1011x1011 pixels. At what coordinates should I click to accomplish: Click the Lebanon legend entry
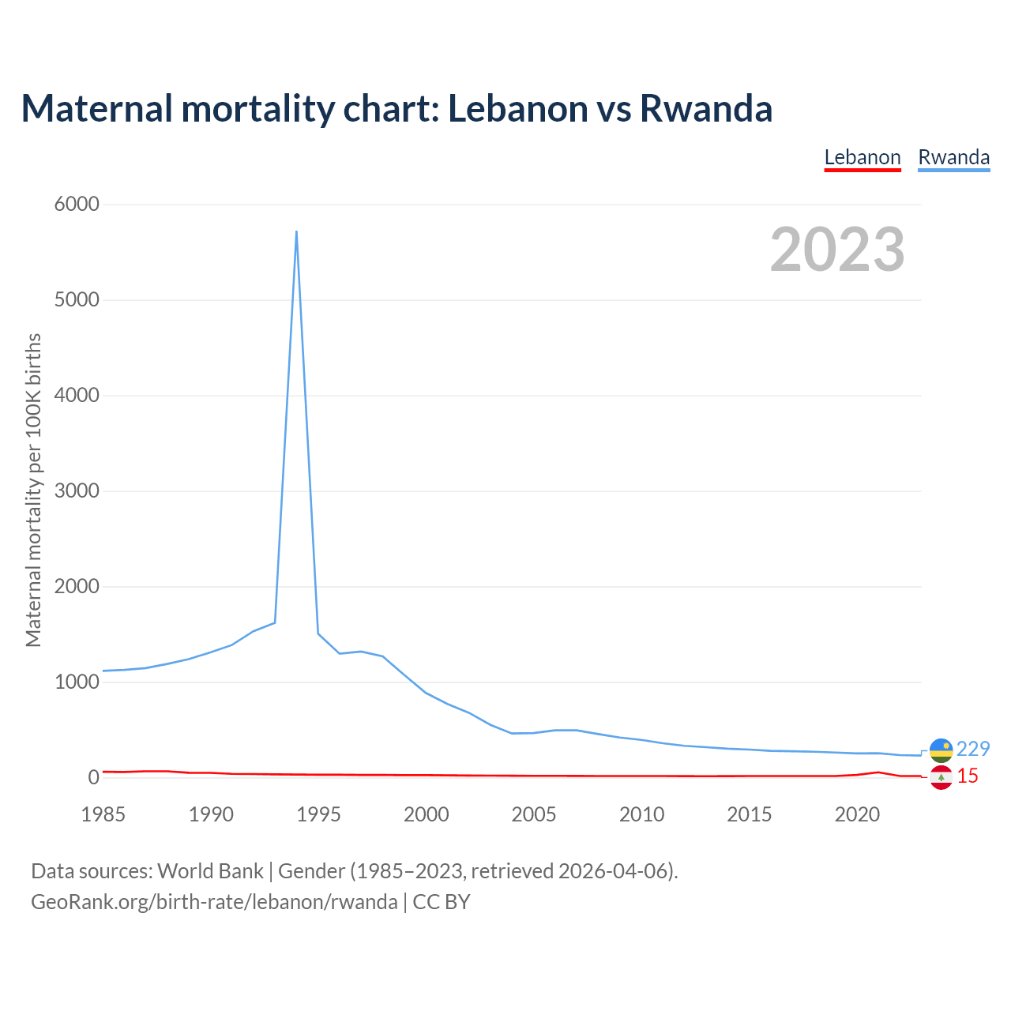coord(863,157)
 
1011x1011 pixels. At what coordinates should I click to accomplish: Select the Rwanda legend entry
coord(953,157)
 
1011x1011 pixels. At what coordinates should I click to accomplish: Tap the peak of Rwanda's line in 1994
coord(296,231)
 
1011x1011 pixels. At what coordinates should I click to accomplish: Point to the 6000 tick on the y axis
coord(77,205)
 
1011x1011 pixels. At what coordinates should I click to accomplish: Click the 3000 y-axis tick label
coord(77,491)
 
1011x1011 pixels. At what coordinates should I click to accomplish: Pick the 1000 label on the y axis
coord(77,682)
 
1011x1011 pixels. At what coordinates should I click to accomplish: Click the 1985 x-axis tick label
coord(103,814)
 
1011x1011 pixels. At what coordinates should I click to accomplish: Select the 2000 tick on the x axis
coord(427,814)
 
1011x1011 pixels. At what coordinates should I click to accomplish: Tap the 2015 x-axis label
coord(750,814)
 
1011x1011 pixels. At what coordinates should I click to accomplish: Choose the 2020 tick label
coord(857,814)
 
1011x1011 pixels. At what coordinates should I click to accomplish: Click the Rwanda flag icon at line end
coord(941,750)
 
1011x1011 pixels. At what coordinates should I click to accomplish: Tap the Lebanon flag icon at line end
coord(941,778)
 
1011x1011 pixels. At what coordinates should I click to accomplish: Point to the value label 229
coord(973,749)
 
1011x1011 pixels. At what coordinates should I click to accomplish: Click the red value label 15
coord(968,776)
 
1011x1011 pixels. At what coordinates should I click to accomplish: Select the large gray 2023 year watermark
coord(837,250)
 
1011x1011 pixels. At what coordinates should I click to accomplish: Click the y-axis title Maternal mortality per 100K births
coord(33,490)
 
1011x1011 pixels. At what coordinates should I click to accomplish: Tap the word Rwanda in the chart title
coord(705,108)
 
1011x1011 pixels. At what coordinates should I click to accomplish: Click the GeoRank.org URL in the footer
coord(214,901)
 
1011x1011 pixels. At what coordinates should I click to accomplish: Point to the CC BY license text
coord(442,901)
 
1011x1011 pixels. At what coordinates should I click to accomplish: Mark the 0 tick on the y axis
coord(94,777)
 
